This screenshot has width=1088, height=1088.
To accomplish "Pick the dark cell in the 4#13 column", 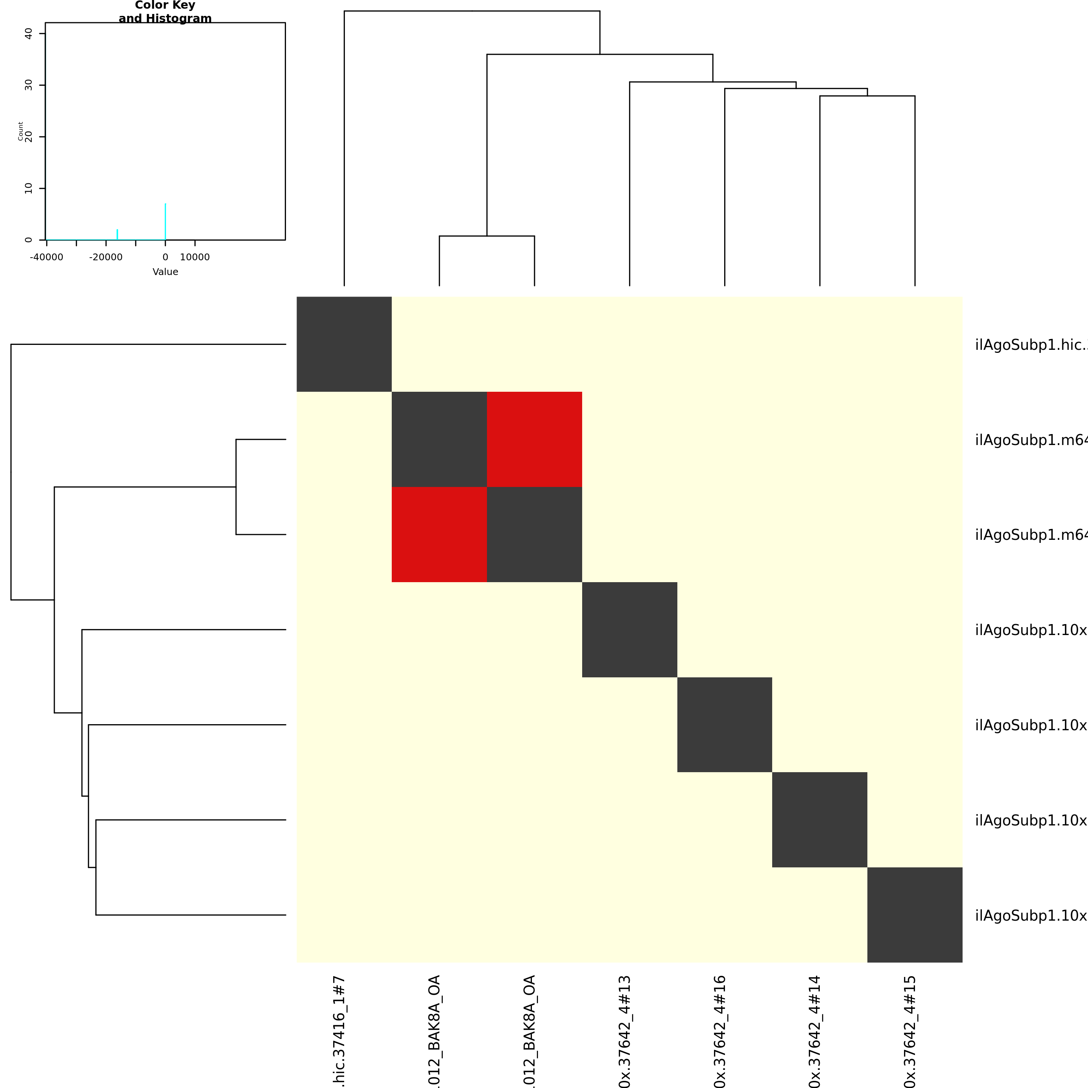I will point(630,630).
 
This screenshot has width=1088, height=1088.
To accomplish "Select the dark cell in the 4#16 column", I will point(725,725).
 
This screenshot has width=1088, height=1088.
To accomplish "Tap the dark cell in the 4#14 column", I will point(820,820).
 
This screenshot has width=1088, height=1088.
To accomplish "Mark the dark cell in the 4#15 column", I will point(915,915).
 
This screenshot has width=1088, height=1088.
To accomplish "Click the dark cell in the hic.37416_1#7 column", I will point(344,344).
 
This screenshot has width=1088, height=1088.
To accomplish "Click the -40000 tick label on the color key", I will point(47,257).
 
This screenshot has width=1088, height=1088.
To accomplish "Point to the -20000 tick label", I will point(106,257).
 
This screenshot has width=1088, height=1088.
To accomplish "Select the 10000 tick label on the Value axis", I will point(195,257).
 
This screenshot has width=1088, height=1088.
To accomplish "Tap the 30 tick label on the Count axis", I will point(28,85).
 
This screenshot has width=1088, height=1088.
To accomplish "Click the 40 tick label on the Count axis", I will point(28,34).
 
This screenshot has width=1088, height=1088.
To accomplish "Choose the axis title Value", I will point(165,272).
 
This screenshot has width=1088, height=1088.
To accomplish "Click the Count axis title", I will point(21,131).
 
